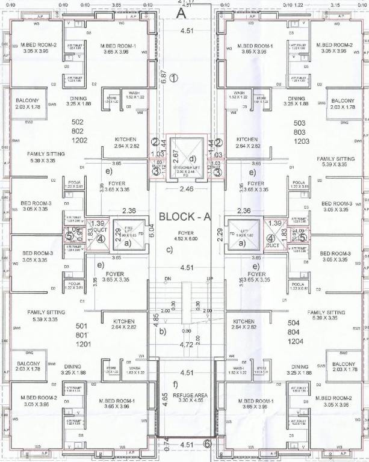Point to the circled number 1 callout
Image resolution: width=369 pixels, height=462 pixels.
coord(174,78)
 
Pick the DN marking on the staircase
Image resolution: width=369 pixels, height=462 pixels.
coord(168,279)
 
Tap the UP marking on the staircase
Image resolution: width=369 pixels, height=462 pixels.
coord(210,279)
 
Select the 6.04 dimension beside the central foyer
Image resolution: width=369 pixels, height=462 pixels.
coord(152,230)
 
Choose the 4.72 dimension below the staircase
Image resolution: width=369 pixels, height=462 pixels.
coord(187,345)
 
